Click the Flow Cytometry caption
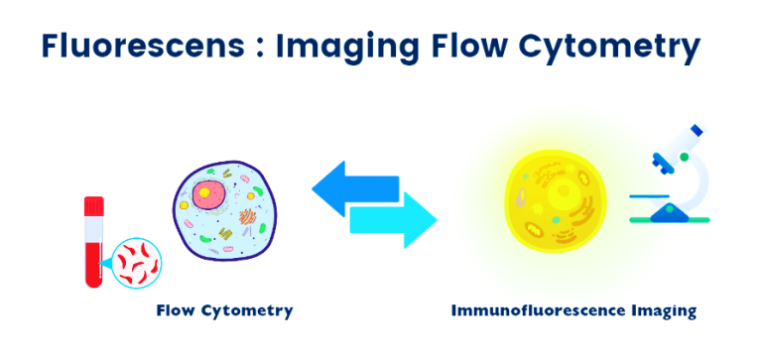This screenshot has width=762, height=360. tap(224, 310)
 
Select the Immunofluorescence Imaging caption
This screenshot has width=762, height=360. tap(573, 310)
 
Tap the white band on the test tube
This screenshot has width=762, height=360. tap(94, 228)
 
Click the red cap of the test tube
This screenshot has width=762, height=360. tap(94, 207)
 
